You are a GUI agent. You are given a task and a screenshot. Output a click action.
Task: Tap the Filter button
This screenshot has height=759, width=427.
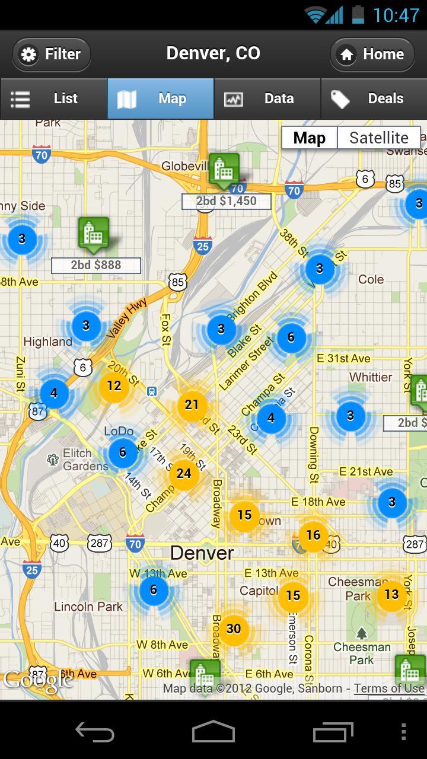pyautogui.click(x=52, y=54)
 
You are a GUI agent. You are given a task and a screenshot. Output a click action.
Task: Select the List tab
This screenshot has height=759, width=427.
pyautogui.click(x=53, y=98)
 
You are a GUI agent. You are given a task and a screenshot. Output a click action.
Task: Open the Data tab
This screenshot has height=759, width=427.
pyautogui.click(x=267, y=98)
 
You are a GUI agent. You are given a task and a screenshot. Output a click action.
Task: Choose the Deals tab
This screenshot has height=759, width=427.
pyautogui.click(x=374, y=98)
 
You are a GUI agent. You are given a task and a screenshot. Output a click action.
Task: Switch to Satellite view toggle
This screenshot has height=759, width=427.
pyautogui.click(x=378, y=138)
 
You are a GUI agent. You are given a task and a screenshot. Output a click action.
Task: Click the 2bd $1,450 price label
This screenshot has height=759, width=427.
pyautogui.click(x=226, y=201)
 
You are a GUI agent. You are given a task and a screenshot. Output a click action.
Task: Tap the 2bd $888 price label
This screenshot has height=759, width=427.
pyautogui.click(x=95, y=265)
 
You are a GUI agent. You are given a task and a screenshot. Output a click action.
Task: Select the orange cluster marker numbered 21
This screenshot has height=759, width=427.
pyautogui.click(x=192, y=405)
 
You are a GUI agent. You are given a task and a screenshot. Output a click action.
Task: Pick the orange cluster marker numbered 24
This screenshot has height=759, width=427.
pyautogui.click(x=184, y=473)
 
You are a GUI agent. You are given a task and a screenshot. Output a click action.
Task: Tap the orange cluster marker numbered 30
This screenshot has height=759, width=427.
pyautogui.click(x=234, y=629)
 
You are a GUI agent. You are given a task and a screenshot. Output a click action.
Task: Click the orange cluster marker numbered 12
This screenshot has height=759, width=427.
pyautogui.click(x=114, y=386)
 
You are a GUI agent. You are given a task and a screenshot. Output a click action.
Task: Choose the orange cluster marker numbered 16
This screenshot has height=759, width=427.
pyautogui.click(x=313, y=535)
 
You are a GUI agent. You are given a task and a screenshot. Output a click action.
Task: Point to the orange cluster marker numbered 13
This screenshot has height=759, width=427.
pyautogui.click(x=391, y=594)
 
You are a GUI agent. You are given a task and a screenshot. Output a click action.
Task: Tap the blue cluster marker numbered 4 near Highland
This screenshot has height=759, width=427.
pyautogui.click(x=54, y=393)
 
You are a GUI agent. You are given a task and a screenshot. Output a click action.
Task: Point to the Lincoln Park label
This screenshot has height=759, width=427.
pyautogui.click(x=88, y=607)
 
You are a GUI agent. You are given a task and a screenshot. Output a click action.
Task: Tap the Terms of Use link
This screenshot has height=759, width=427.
pyautogui.click(x=389, y=688)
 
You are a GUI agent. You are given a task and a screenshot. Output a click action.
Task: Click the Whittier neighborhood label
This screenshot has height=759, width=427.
pyautogui.click(x=371, y=377)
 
